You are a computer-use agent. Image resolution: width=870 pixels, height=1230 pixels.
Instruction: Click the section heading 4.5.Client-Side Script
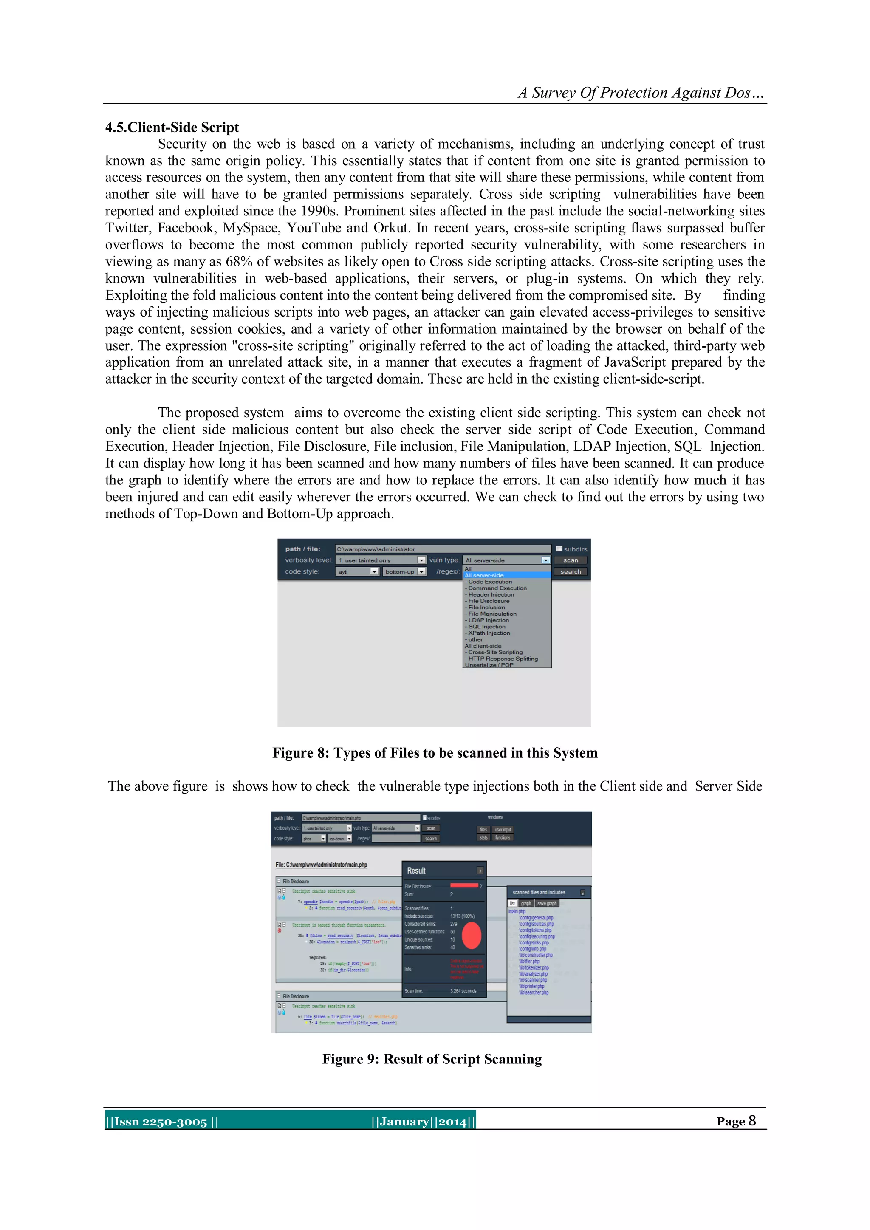172,127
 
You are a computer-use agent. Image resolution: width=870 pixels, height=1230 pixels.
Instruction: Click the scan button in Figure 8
571,560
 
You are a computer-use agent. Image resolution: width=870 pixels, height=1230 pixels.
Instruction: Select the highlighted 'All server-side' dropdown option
484,575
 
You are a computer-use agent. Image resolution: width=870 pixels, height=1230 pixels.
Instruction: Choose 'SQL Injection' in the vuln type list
486,627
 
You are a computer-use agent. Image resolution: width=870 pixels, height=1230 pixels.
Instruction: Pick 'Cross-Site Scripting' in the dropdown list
495,653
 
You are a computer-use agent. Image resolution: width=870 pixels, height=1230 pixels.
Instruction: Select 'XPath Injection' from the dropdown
489,633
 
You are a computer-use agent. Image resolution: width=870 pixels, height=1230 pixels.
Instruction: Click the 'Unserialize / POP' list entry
489,665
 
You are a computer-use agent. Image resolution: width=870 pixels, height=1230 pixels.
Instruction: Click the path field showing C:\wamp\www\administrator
443,549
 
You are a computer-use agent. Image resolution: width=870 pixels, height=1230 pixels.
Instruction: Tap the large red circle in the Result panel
472,936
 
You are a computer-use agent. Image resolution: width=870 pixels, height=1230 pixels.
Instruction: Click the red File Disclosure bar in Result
464,885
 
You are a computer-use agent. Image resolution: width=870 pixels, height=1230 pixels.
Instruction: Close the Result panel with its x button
480,871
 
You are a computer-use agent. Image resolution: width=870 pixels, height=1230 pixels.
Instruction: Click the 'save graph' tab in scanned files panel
547,903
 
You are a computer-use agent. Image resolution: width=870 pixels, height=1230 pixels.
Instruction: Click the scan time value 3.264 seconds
463,991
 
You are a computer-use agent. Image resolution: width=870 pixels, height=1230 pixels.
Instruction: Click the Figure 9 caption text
432,1059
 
